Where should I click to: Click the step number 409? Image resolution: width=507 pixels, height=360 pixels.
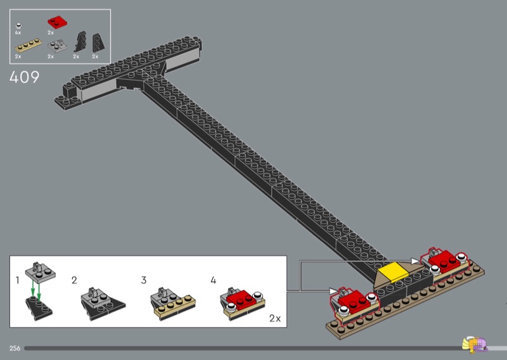24,77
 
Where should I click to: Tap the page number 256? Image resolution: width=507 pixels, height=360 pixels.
15,349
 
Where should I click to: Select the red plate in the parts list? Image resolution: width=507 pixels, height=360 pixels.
57,22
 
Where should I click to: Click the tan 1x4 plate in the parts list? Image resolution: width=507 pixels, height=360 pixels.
28,46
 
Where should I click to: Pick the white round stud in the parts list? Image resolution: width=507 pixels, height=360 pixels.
19,26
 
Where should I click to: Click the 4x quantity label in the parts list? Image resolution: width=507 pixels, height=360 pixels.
18,33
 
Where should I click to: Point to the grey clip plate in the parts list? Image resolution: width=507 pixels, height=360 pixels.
57,46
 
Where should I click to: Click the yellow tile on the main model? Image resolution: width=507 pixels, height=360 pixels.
393,271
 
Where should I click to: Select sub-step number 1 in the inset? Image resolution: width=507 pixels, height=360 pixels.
18,280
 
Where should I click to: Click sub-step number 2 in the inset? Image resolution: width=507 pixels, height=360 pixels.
74,280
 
